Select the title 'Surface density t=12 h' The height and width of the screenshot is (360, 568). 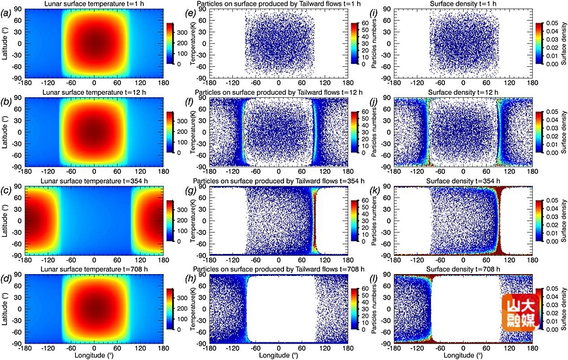tap(463, 93)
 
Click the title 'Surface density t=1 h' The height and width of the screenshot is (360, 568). tap(463, 4)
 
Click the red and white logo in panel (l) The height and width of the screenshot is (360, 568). tap(521, 312)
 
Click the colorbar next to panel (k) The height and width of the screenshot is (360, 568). tap(538, 221)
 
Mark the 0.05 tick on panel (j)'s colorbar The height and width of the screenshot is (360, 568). tap(550, 111)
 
